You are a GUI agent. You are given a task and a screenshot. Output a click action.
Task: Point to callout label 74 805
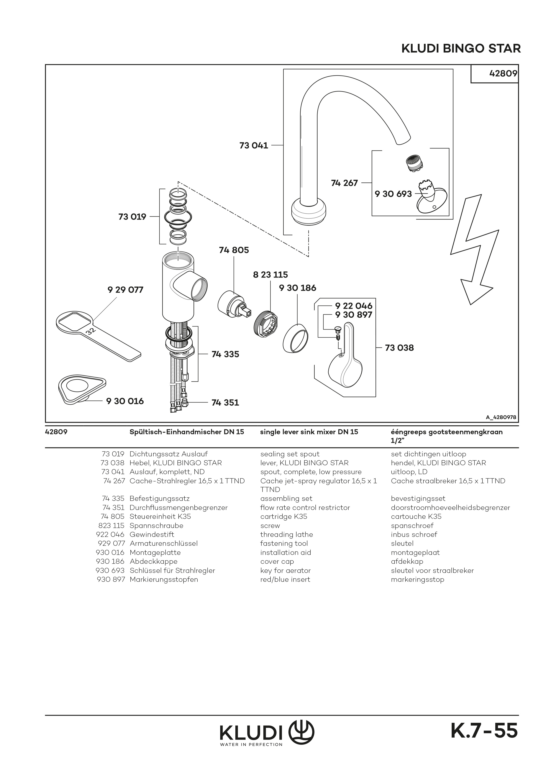234,250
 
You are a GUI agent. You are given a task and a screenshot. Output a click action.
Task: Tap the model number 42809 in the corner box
503,74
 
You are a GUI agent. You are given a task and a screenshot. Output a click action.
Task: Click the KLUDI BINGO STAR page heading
461,49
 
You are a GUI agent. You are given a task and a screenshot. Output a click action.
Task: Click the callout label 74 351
225,403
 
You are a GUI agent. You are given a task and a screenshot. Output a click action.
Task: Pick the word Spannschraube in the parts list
156,526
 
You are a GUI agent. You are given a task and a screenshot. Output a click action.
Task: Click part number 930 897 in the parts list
110,580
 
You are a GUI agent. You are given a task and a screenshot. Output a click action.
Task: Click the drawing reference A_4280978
500,418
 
